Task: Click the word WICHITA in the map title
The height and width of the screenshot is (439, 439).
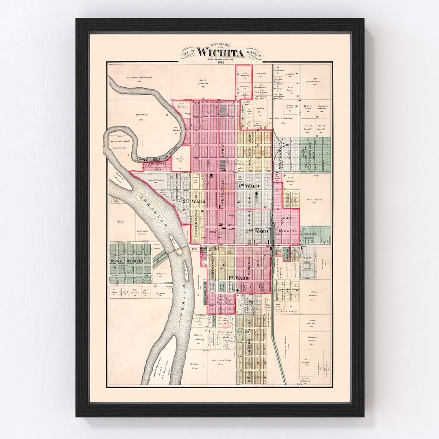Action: [x=220, y=53]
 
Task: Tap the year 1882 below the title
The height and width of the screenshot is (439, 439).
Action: [x=221, y=62]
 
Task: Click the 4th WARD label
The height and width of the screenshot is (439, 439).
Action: [x=249, y=186]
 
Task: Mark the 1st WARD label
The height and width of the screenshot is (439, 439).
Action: [x=238, y=278]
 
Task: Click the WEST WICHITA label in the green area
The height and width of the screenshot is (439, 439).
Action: [x=126, y=261]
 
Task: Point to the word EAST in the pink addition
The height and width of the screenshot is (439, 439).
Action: [x=288, y=218]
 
